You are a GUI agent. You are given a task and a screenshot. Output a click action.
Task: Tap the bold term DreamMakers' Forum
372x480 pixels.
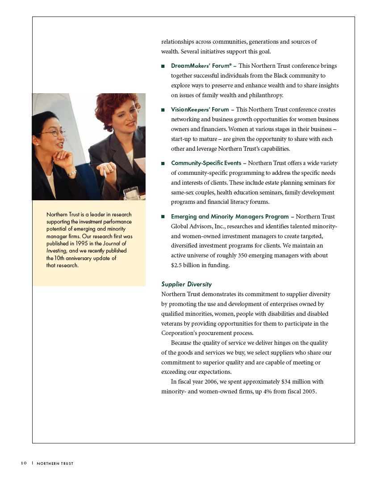click(201, 66)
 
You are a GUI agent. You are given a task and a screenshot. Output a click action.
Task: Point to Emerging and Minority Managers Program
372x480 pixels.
click(230, 217)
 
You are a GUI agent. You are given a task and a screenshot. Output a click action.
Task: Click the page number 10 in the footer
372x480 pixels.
click(23, 464)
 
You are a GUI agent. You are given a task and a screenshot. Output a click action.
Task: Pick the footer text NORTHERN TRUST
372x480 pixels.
click(55, 464)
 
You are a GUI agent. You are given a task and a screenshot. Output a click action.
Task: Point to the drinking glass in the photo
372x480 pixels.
click(131, 193)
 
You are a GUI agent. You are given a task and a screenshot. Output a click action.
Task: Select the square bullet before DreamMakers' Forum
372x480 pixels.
click(163, 66)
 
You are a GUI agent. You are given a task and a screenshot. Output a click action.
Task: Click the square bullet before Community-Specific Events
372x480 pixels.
click(163, 164)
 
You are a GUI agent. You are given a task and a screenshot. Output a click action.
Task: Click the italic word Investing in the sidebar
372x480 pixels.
click(56, 251)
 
